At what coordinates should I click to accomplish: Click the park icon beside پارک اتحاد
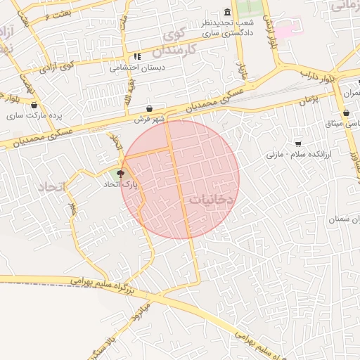pos(121,174)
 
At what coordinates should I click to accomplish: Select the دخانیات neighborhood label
pos(210,200)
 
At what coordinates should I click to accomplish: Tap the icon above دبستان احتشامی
pos(136,57)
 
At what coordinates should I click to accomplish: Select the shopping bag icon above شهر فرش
pos(150,109)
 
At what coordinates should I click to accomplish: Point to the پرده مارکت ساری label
pos(35,115)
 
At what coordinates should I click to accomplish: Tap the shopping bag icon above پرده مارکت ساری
pos(34,105)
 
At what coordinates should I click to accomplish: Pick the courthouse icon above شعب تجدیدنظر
pos(226,13)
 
